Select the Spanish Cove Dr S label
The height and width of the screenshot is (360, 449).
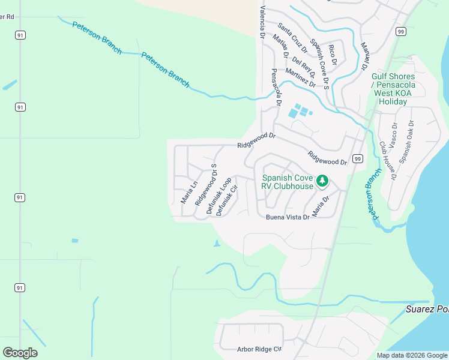(320, 64)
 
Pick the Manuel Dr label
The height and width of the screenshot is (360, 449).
(364, 55)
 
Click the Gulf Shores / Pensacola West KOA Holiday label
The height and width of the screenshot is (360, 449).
(393, 89)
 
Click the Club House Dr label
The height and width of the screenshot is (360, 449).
(388, 161)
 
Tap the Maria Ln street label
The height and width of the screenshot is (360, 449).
(189, 192)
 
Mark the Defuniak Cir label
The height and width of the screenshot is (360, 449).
(227, 200)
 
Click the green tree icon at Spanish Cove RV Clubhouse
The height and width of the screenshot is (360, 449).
(322, 180)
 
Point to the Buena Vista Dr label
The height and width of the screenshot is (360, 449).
(288, 217)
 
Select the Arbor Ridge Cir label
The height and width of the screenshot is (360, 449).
(259, 349)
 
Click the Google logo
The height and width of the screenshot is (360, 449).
(20, 353)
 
